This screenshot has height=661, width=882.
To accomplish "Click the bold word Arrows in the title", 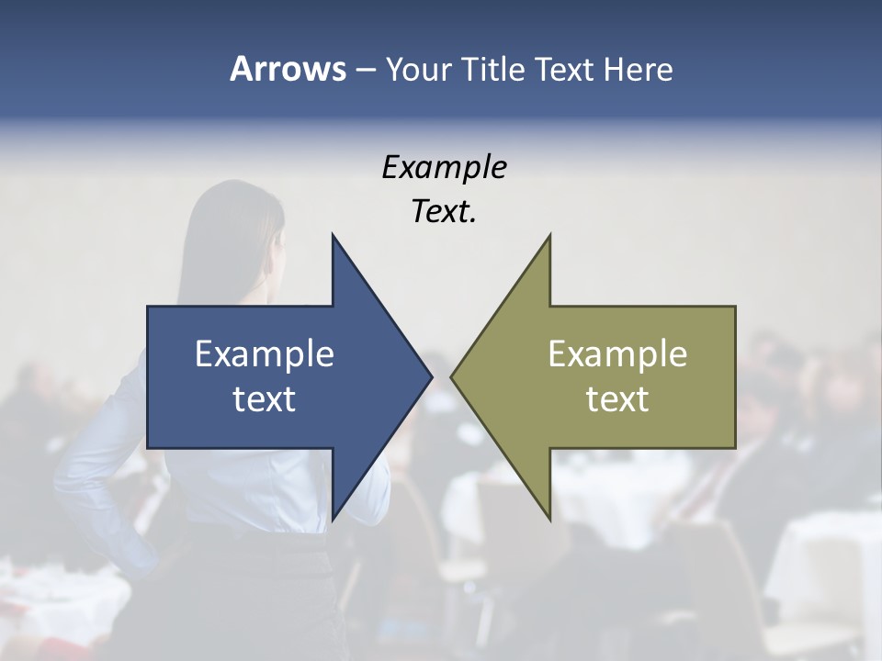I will pos(287,69).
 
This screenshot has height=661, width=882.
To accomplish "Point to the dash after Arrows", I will pos(365,70).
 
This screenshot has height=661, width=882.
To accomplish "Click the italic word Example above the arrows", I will pos(444,168).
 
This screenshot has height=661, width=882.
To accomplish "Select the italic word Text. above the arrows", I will pos(444,212).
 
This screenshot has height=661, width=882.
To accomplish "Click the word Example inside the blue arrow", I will pos(265,353).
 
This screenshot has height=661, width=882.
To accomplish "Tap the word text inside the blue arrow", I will pos(265,399).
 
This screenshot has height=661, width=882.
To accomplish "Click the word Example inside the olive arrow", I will pos(617,353).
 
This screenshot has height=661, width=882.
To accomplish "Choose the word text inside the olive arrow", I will pos(617,399).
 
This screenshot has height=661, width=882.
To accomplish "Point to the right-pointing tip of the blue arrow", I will pos(431,376).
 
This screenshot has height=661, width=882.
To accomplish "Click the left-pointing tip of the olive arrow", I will pos(452,376).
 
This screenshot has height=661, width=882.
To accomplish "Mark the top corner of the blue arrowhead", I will pos(333,236).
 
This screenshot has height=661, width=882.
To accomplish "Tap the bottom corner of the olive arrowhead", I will pos(549,519).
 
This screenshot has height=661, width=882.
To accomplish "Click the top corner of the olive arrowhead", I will pos(549,236).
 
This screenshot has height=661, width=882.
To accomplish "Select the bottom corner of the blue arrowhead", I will pos(333,519).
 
